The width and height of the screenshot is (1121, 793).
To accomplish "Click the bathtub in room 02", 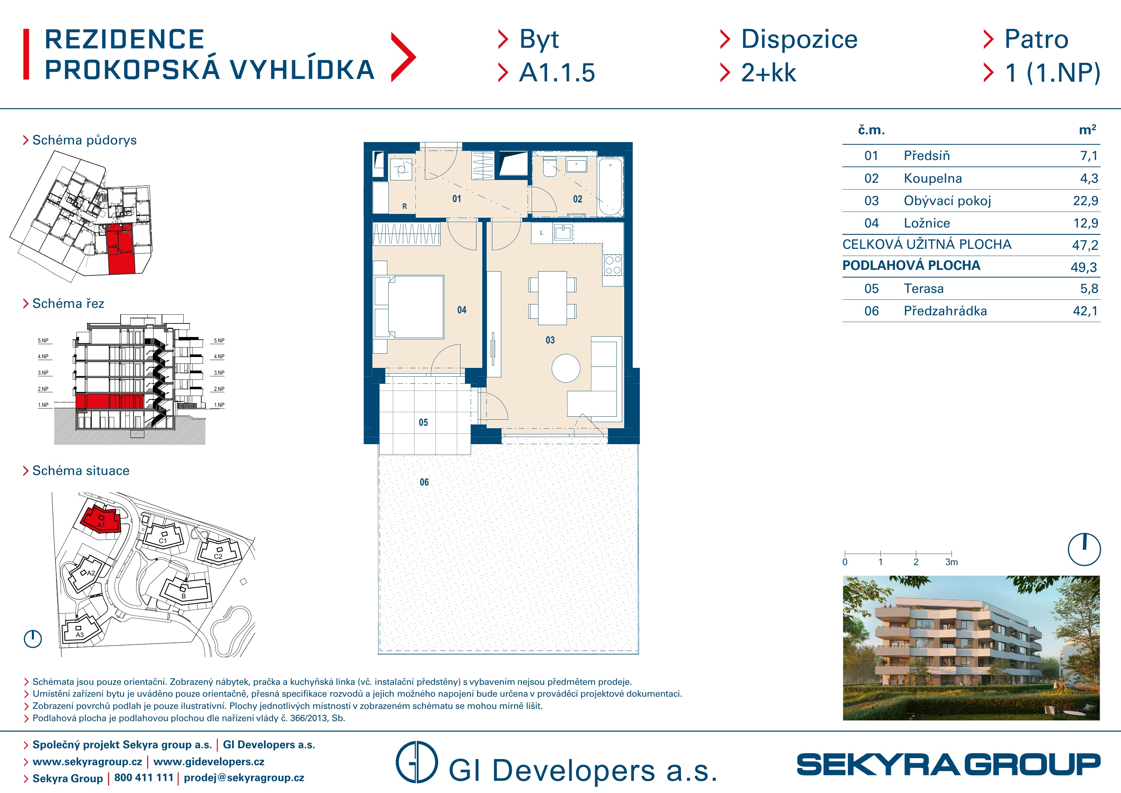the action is pos(610,186).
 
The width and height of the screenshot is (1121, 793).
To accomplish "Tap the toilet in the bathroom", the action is pos(549,166).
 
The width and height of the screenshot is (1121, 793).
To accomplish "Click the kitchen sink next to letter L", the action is pos(563,233).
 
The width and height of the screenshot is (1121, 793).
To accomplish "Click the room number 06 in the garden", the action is pos(424,482).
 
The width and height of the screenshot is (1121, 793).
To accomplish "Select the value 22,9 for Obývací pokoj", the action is pos(1085,201).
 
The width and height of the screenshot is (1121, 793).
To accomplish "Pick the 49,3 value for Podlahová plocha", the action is pos(1084,267).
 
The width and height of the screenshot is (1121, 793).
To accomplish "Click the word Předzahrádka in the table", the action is pos(945,311).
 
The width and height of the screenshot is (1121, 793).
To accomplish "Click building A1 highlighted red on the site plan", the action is pos(101,519).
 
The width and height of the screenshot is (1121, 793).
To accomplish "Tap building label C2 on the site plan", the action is pos(218,556).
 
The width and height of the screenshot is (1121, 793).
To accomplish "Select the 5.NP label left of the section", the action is pos(43,340).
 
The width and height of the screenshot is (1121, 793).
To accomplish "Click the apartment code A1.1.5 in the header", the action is pos(557,73).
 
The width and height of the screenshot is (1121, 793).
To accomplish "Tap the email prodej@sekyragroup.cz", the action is pos(244,778).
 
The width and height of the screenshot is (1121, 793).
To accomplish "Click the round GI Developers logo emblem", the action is pos(416,762).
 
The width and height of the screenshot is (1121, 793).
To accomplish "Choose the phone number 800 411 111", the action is pos(144,778).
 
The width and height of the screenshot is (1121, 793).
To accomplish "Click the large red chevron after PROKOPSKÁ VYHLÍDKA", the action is pos(403,57).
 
